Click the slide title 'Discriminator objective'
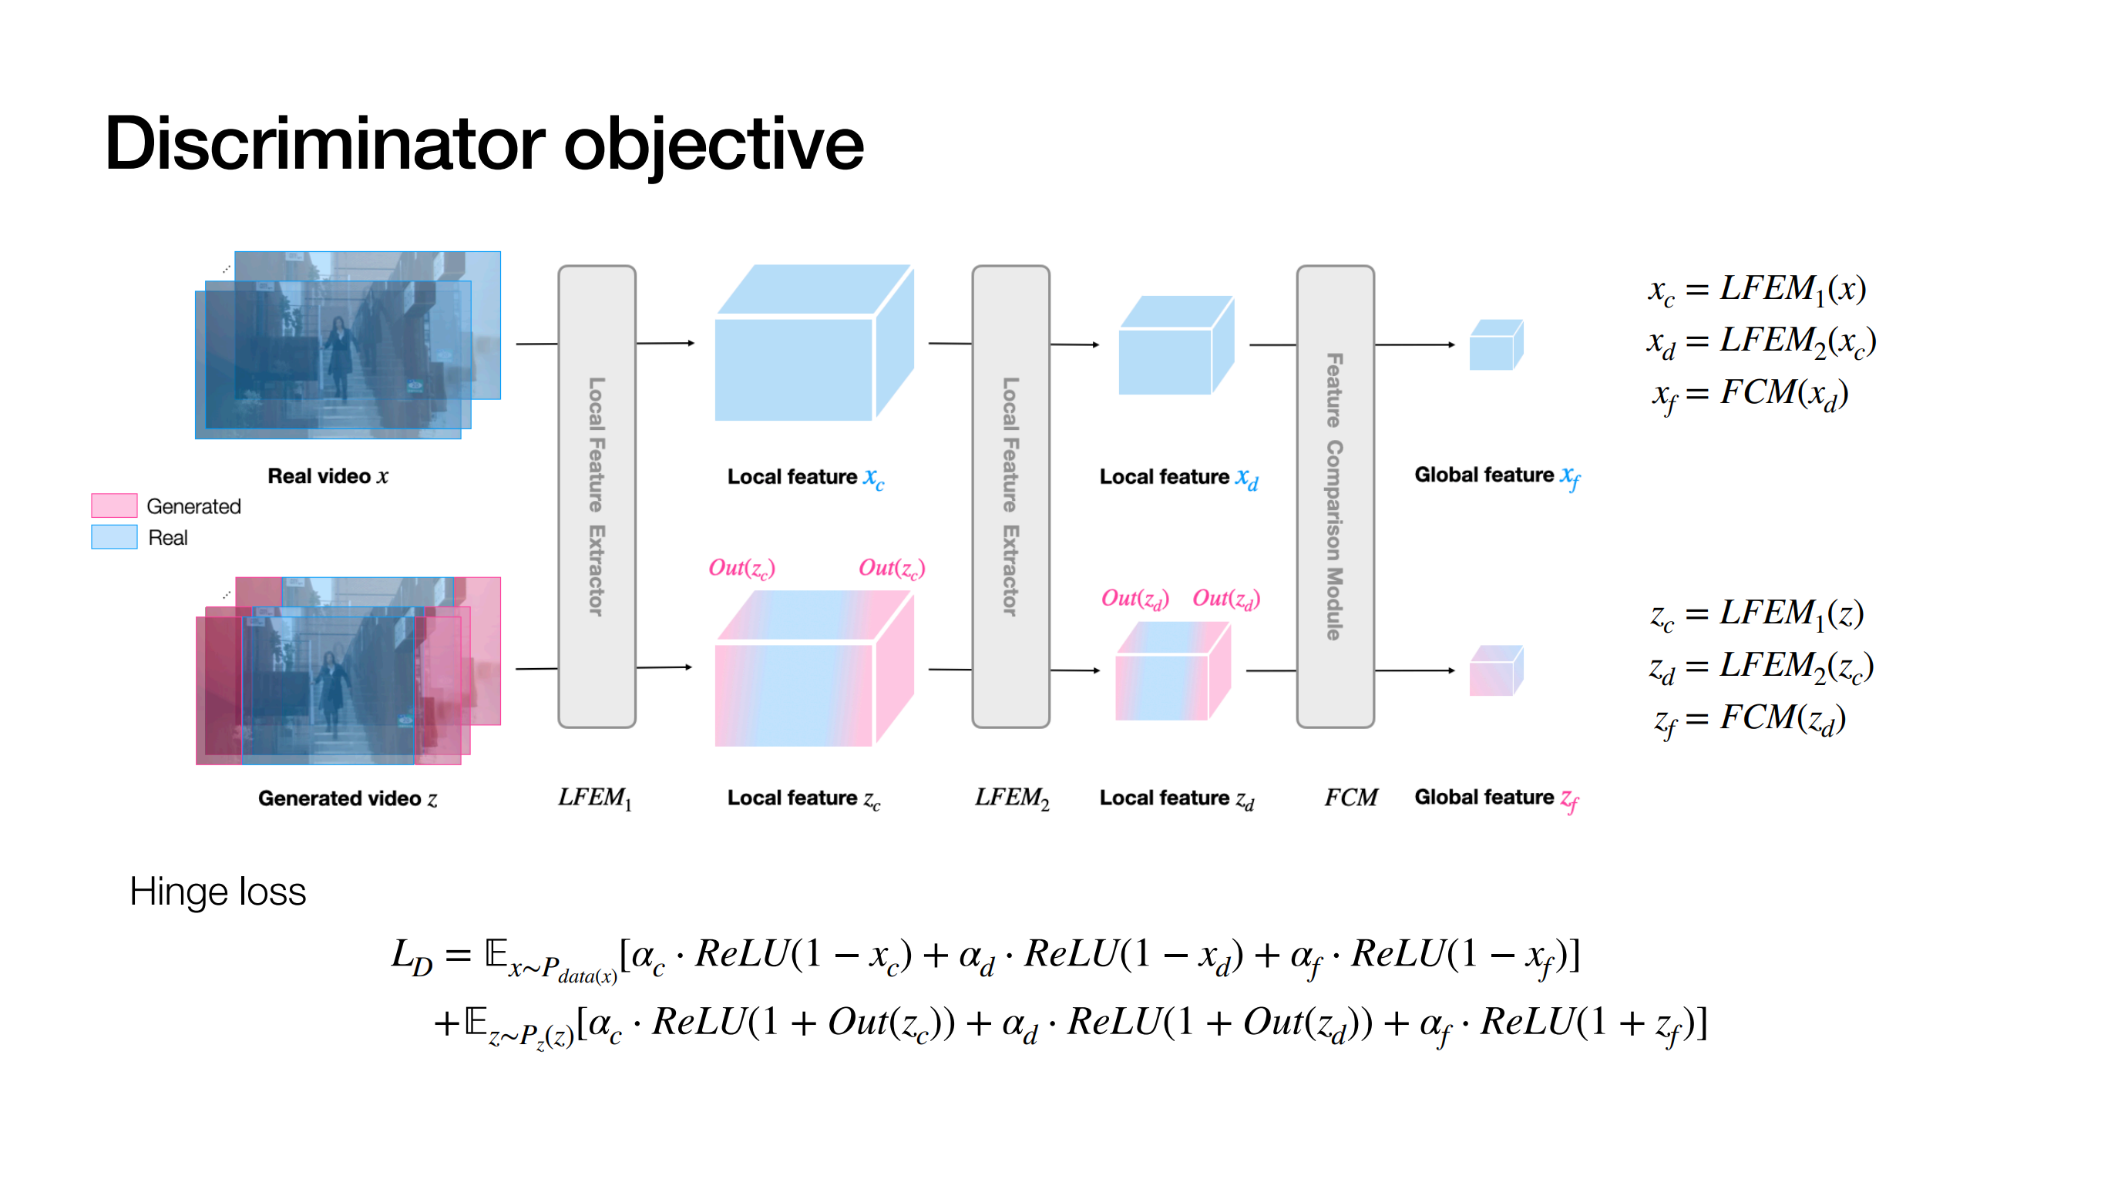(x=484, y=144)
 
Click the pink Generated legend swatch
(x=114, y=506)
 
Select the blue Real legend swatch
(x=114, y=537)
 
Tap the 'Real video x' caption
(x=328, y=476)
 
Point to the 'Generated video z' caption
(x=348, y=798)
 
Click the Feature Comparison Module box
(x=1335, y=496)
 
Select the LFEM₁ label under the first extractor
(x=594, y=798)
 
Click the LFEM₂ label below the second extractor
(x=1011, y=798)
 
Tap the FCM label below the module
(x=1350, y=798)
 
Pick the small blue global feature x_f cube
(x=1496, y=345)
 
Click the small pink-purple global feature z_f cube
(x=1496, y=670)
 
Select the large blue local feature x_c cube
(x=814, y=342)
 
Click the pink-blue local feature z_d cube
(x=1173, y=671)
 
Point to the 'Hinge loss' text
(x=218, y=891)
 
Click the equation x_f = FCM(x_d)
(x=1750, y=395)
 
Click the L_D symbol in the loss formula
(x=412, y=956)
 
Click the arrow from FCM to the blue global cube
(x=1415, y=345)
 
